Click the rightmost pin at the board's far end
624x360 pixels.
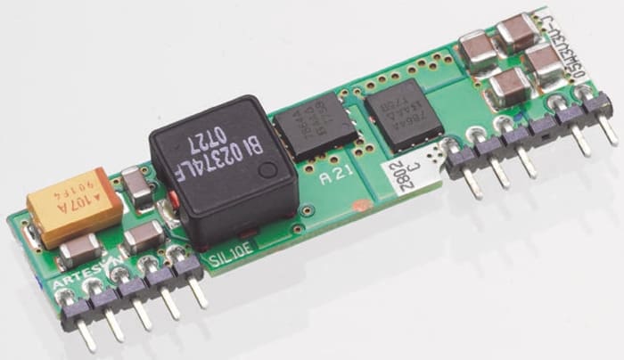point(609,130)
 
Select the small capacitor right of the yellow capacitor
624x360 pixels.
point(135,185)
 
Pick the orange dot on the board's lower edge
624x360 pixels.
point(358,207)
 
